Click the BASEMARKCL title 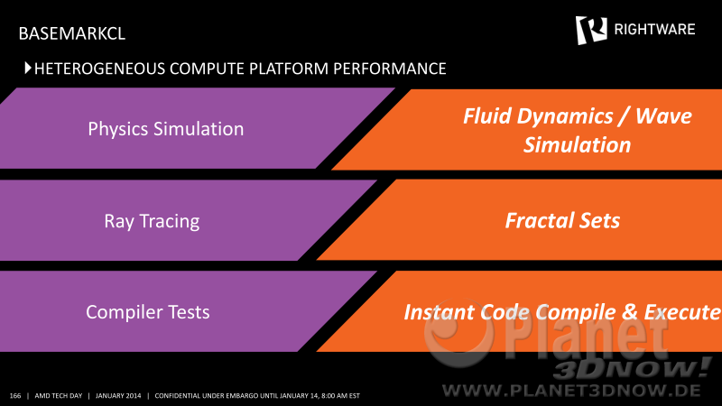(x=72, y=33)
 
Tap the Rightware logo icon (x=591, y=30)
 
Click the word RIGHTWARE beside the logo (x=654, y=30)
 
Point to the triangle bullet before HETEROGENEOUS (x=28, y=69)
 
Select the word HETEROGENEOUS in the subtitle (x=100, y=69)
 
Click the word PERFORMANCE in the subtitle (x=390, y=69)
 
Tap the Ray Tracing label (x=152, y=221)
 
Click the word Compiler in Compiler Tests (x=125, y=312)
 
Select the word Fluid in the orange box (x=487, y=116)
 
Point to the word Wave (x=663, y=116)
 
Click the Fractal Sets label (x=562, y=220)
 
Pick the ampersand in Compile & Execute (x=629, y=312)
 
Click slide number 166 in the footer (x=15, y=396)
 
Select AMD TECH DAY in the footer (x=59, y=396)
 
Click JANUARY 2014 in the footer (x=118, y=396)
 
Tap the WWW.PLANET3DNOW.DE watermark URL (x=571, y=392)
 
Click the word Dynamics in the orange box (x=565, y=117)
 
